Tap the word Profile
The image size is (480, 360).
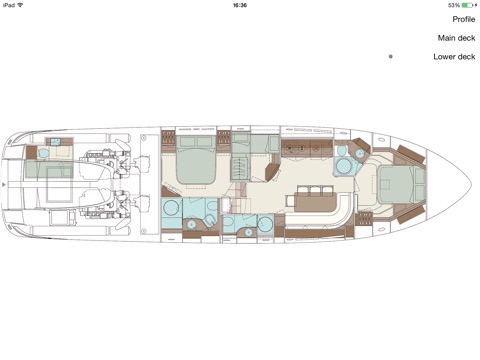pyautogui.click(x=464, y=19)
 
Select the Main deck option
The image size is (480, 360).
pyautogui.click(x=456, y=38)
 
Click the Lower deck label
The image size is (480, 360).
pyautogui.click(x=454, y=57)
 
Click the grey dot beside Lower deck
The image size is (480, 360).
pyautogui.click(x=391, y=57)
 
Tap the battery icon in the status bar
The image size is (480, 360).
pyautogui.click(x=467, y=5)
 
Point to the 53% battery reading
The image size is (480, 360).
pyautogui.click(x=454, y=5)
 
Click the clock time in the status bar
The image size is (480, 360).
pyautogui.click(x=240, y=5)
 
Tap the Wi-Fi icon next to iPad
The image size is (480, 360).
pyautogui.click(x=20, y=5)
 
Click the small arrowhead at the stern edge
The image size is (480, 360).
pyautogui.click(x=4, y=184)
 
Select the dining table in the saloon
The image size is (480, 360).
pyautogui.click(x=316, y=202)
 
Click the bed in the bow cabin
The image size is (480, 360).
pyautogui.click(x=397, y=184)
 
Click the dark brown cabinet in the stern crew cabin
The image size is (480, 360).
pyautogui.click(x=31, y=153)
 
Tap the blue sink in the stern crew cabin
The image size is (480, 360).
pyautogui.click(x=44, y=153)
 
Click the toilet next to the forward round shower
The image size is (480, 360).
pyautogui.click(x=341, y=151)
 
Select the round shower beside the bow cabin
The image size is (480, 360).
pyautogui.click(x=343, y=166)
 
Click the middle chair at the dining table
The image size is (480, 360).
pyautogui.click(x=315, y=191)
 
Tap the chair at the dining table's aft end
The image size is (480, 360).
pyautogui.click(x=290, y=201)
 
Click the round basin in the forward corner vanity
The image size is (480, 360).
pyautogui.click(x=360, y=153)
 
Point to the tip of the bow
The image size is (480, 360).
pyautogui.click(x=471, y=184)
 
